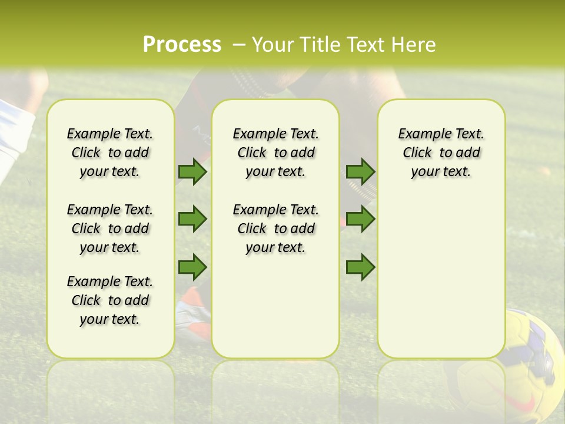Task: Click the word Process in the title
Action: [x=182, y=45]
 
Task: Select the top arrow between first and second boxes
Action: [x=192, y=171]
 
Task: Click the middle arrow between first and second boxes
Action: [x=192, y=219]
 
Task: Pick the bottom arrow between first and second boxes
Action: [x=192, y=267]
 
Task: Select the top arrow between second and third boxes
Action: [x=360, y=171]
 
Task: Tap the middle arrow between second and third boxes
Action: [x=360, y=219]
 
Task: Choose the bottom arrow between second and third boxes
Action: [x=360, y=267]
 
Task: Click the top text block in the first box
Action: [x=110, y=153]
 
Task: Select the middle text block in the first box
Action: [x=110, y=228]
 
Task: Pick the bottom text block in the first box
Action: [x=110, y=300]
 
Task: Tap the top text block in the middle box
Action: [x=275, y=153]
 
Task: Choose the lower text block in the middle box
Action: [x=275, y=228]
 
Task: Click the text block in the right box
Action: [x=441, y=153]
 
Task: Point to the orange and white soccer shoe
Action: [x=192, y=312]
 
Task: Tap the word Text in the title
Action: [x=367, y=45]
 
